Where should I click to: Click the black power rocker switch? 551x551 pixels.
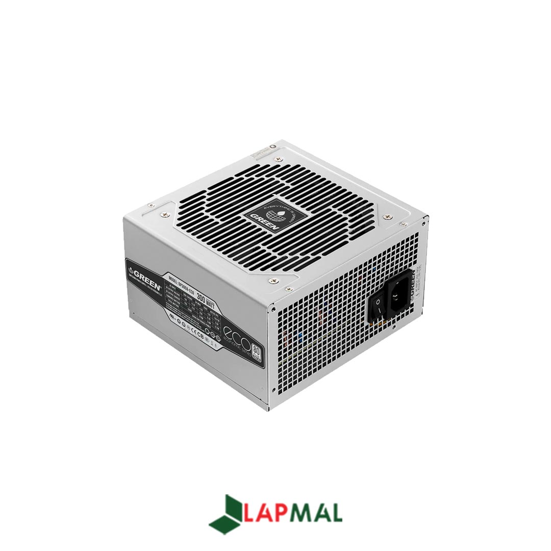[378, 307]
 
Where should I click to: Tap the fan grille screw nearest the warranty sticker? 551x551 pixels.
[278, 160]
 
